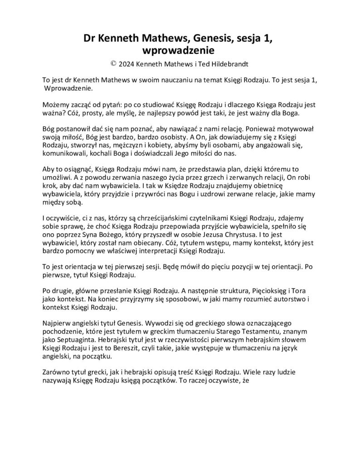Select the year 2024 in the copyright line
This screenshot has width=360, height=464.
tap(128, 64)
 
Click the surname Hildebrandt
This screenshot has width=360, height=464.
tap(224, 64)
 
